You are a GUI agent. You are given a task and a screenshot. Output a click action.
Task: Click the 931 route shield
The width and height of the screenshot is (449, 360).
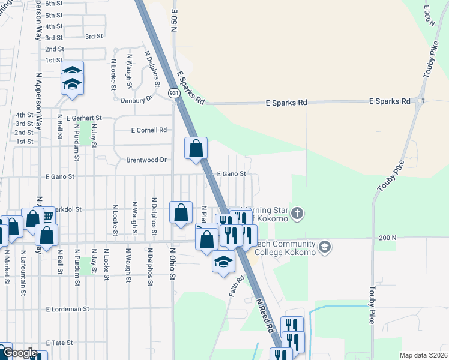173,94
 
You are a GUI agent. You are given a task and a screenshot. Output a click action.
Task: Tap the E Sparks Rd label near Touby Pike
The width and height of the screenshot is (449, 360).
390,101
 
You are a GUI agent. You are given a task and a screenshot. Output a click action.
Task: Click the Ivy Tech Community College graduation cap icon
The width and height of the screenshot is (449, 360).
324,247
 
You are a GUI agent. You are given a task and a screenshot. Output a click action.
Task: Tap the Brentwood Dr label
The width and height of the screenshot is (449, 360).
146,160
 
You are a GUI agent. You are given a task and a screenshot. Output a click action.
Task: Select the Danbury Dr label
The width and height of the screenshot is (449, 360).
137,100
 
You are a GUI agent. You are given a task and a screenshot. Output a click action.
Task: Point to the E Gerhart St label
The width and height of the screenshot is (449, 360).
85,118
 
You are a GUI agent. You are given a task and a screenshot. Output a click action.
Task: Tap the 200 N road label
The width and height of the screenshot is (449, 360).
388,238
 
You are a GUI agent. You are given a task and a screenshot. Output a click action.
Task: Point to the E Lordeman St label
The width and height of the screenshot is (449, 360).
67,308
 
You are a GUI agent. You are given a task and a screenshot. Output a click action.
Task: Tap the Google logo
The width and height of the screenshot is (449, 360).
20,353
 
